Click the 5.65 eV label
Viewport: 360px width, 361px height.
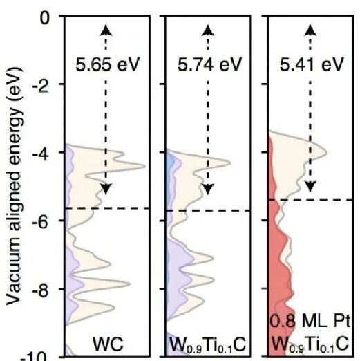point(108,64)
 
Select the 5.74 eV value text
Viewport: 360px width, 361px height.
point(209,64)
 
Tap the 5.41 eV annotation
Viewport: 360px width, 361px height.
point(312,64)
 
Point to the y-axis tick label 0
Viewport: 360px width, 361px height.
point(45,18)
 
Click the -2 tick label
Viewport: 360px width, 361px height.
point(41,86)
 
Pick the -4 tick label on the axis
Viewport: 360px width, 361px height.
point(41,154)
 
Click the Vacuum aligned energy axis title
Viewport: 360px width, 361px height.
point(15,187)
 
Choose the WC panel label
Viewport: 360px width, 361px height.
point(108,344)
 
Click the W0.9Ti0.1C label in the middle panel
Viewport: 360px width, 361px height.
point(207,345)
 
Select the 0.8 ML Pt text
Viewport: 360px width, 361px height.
point(310,321)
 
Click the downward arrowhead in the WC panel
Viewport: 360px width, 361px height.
point(106,189)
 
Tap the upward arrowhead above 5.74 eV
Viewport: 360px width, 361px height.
point(208,30)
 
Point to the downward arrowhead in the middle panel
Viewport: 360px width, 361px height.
point(208,189)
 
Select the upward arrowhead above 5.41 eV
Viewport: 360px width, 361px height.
point(310,30)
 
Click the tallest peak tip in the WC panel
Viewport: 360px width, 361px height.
point(145,166)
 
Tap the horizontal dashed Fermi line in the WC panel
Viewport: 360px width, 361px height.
point(107,208)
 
